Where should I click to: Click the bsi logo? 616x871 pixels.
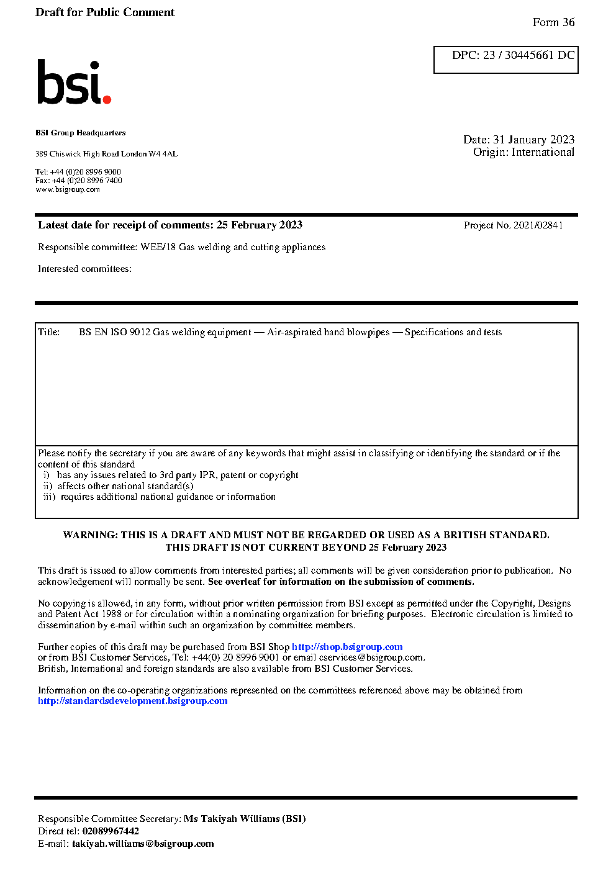pyautogui.click(x=73, y=82)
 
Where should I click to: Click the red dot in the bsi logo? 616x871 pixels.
pyautogui.click(x=107, y=99)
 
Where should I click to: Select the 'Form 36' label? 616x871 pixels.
pyautogui.click(x=553, y=22)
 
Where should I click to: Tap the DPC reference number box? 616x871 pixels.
pyautogui.click(x=505, y=60)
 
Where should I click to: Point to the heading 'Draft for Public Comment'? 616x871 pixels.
pyautogui.click(x=105, y=12)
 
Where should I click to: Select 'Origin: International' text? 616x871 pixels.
pyautogui.click(x=523, y=152)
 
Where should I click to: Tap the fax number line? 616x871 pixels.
pyautogui.click(x=79, y=181)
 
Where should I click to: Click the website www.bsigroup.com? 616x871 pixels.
pyautogui.click(x=68, y=189)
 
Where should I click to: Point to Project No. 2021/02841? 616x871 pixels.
pyautogui.click(x=513, y=225)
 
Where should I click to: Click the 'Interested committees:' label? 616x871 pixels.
pyautogui.click(x=84, y=269)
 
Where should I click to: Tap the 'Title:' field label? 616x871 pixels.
pyautogui.click(x=49, y=332)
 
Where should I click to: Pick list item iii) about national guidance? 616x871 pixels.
pyautogui.click(x=160, y=497)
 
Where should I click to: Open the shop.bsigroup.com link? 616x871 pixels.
pyautogui.click(x=347, y=647)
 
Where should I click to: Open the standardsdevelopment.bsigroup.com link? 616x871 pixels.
pyautogui.click(x=132, y=701)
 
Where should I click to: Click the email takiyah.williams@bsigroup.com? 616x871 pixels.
pyautogui.click(x=143, y=844)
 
